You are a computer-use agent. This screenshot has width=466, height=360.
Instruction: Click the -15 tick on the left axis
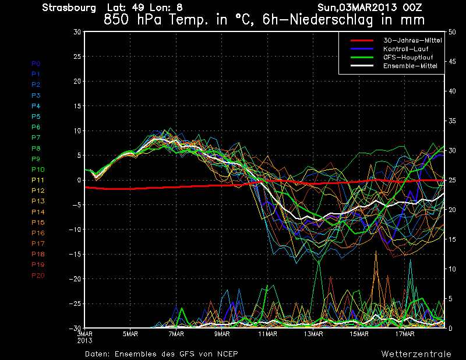coord(75,255)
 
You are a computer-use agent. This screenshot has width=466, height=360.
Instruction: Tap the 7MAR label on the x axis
coord(176,334)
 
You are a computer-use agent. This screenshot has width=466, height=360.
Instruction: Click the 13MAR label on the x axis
coord(313,334)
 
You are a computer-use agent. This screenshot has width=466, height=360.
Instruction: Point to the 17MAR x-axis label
coord(404,334)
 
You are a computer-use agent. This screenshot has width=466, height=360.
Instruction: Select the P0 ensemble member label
coord(36,63)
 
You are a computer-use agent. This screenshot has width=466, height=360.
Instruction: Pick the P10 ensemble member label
coord(38,170)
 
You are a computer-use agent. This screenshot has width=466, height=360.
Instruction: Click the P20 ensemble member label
coord(38,276)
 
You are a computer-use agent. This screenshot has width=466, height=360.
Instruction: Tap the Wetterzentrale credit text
coord(416,354)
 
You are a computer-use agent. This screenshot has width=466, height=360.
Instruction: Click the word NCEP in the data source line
coord(227,354)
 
